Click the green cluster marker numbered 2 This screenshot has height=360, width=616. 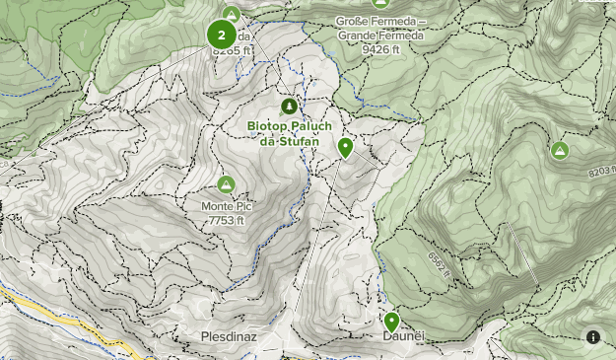click(x=221, y=35)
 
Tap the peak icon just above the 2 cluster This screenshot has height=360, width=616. click(x=231, y=14)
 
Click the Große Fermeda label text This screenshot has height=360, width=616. click(x=380, y=21)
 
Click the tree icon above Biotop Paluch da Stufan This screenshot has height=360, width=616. click(x=289, y=106)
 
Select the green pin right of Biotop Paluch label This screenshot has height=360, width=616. click(x=345, y=148)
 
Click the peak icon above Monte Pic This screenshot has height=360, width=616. click(x=226, y=184)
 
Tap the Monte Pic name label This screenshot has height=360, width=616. click(x=226, y=206)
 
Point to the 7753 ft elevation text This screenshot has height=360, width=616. click(x=226, y=220)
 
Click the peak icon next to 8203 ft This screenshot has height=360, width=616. click(x=560, y=150)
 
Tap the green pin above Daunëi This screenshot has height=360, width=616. click(x=391, y=322)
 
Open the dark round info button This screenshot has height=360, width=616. click(x=593, y=336)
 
